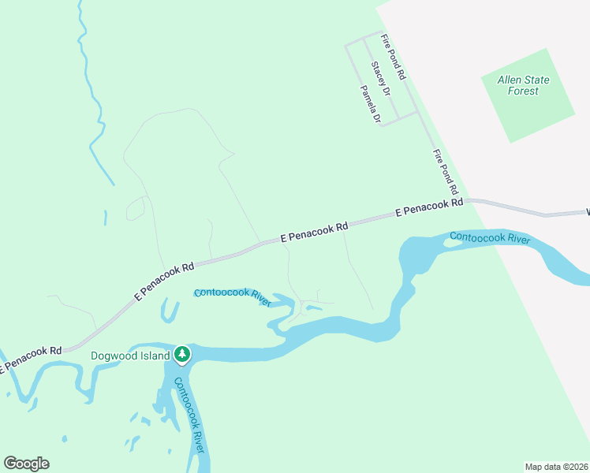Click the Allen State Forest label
click(x=524, y=85)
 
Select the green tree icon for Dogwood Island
click(x=182, y=355)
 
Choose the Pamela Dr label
click(x=371, y=105)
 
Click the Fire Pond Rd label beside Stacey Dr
click(x=393, y=57)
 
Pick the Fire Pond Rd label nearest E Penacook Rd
click(x=446, y=172)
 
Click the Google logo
click(x=26, y=464)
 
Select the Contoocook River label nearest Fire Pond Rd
click(x=489, y=237)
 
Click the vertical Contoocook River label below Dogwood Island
click(x=189, y=415)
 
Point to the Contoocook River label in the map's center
click(x=233, y=296)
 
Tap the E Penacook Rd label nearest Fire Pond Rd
click(x=429, y=208)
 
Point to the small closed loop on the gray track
click(x=136, y=209)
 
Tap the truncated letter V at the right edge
click(x=588, y=212)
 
